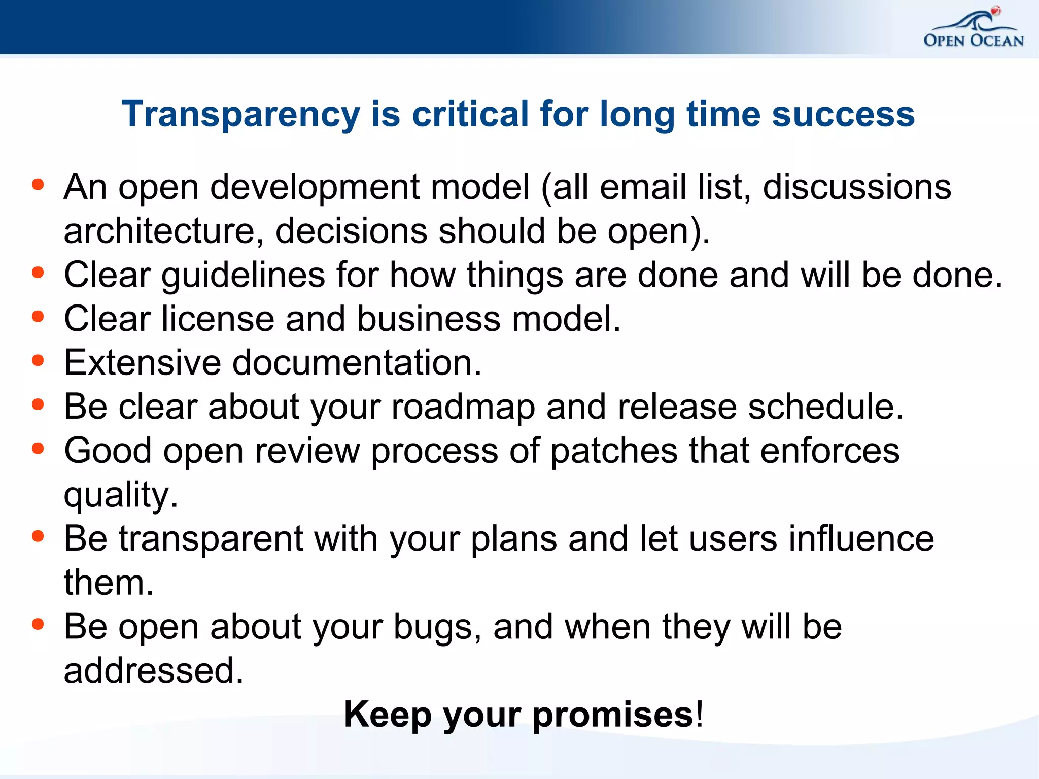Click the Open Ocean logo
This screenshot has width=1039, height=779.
pyautogui.click(x=973, y=29)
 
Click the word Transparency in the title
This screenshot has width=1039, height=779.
pyautogui.click(x=240, y=114)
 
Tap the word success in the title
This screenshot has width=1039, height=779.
pyautogui.click(x=843, y=114)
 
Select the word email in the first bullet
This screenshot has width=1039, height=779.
pyautogui.click(x=643, y=187)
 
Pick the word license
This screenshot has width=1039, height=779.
pyautogui.click(x=218, y=319)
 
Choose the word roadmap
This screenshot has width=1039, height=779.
pyautogui.click(x=463, y=408)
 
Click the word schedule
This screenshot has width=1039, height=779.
pyautogui.click(x=825, y=407)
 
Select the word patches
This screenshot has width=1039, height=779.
pyautogui.click(x=614, y=451)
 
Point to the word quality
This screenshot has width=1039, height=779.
pyautogui.click(x=121, y=495)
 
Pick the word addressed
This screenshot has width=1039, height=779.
pyautogui.click(x=154, y=670)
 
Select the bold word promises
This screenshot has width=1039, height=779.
pyautogui.click(x=613, y=715)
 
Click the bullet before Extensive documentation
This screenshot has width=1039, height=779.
pyautogui.click(x=38, y=360)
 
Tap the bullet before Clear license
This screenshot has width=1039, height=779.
pyautogui.click(x=38, y=317)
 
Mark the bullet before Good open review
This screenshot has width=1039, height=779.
pyautogui.click(x=38, y=449)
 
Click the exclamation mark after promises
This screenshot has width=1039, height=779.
pyautogui.click(x=700, y=714)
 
